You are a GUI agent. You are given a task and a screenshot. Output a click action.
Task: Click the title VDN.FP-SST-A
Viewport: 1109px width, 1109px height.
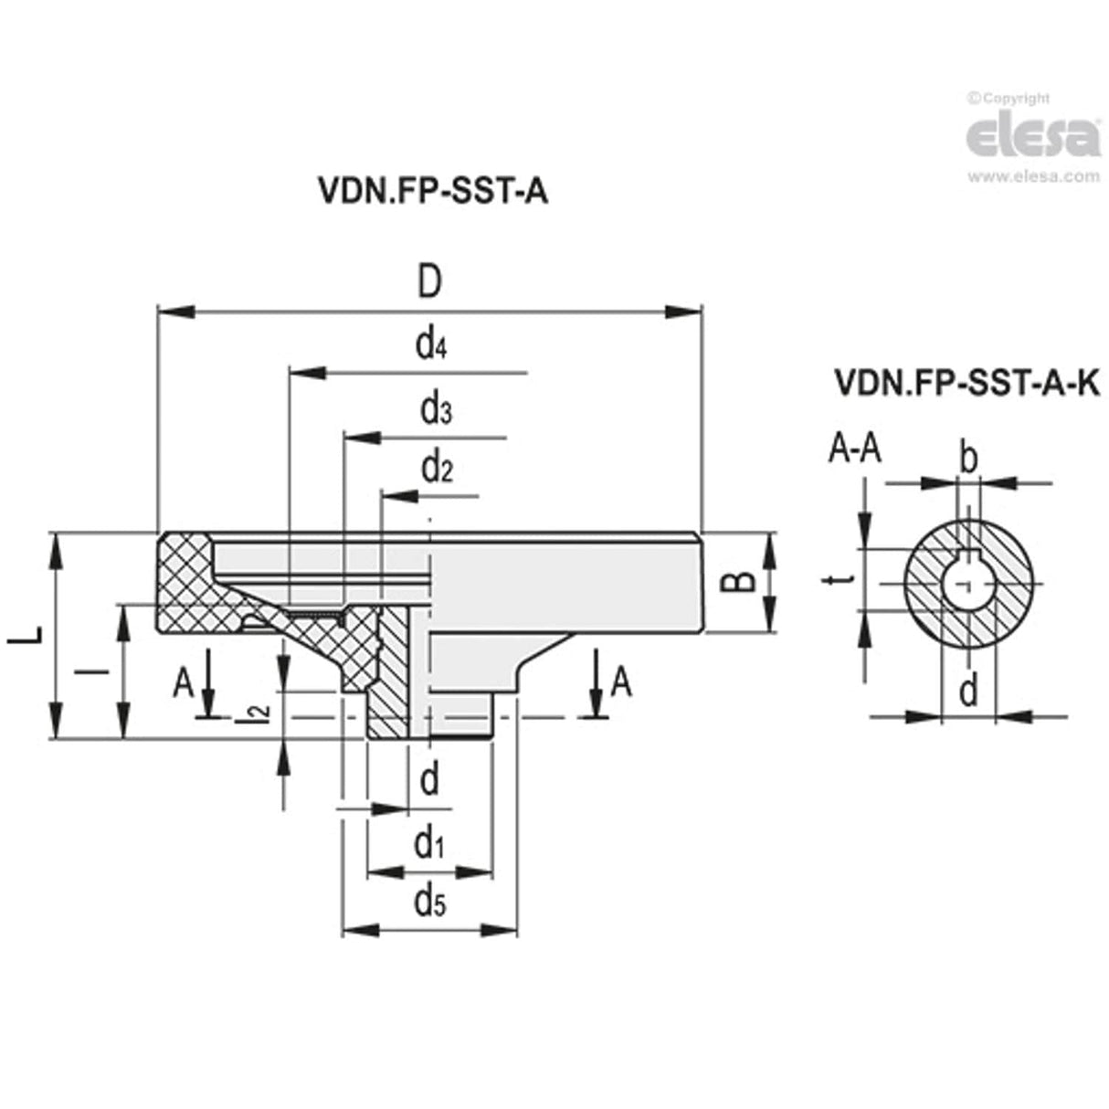pos(432,191)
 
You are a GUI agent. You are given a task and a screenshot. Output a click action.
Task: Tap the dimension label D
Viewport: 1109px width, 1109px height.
pos(428,283)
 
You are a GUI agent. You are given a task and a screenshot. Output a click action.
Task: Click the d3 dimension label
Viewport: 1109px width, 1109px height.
pos(436,411)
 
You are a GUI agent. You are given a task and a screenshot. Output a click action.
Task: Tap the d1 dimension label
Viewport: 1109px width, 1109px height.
pos(428,845)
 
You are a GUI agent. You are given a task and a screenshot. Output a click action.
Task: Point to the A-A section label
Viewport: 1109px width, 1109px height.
pos(854,449)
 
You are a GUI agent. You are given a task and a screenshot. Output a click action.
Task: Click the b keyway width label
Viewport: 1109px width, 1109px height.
pos(969,457)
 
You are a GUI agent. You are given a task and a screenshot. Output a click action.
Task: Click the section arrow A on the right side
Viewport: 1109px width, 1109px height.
pos(620,681)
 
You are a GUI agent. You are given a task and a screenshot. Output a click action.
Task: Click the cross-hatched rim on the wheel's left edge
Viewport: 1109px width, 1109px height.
pos(186,585)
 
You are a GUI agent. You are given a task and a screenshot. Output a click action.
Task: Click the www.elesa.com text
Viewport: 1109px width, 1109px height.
pos(1032,176)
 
